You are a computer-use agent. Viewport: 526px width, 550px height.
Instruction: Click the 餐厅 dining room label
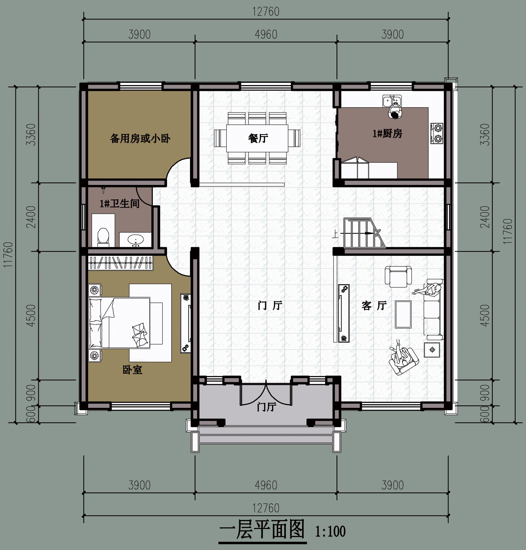pyautogui.click(x=258, y=138)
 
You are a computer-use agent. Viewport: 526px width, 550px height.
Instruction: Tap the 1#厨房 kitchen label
pyautogui.click(x=387, y=133)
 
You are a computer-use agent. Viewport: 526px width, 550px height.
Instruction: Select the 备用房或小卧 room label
pyautogui.click(x=140, y=138)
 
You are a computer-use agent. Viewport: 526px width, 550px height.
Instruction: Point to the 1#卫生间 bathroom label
pyautogui.click(x=120, y=203)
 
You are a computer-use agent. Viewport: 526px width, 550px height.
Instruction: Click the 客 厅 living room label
pyautogui.click(x=374, y=306)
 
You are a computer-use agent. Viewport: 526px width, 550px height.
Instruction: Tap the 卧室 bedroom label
pyautogui.click(x=132, y=370)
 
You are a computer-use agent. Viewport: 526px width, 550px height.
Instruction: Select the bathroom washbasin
pyautogui.click(x=136, y=241)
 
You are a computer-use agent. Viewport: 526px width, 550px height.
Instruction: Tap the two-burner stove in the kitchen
pyautogui.click(x=437, y=133)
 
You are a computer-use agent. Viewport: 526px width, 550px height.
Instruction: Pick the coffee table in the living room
pyautogui.click(x=403, y=314)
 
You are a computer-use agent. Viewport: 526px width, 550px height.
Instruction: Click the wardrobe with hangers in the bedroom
pyautogui.click(x=121, y=263)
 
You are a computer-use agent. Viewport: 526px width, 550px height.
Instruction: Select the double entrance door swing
pyautogui.click(x=266, y=393)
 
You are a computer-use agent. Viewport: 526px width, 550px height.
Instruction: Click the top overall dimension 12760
pyautogui.click(x=266, y=12)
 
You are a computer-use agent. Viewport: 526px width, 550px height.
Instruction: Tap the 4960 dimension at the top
pyautogui.click(x=266, y=35)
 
